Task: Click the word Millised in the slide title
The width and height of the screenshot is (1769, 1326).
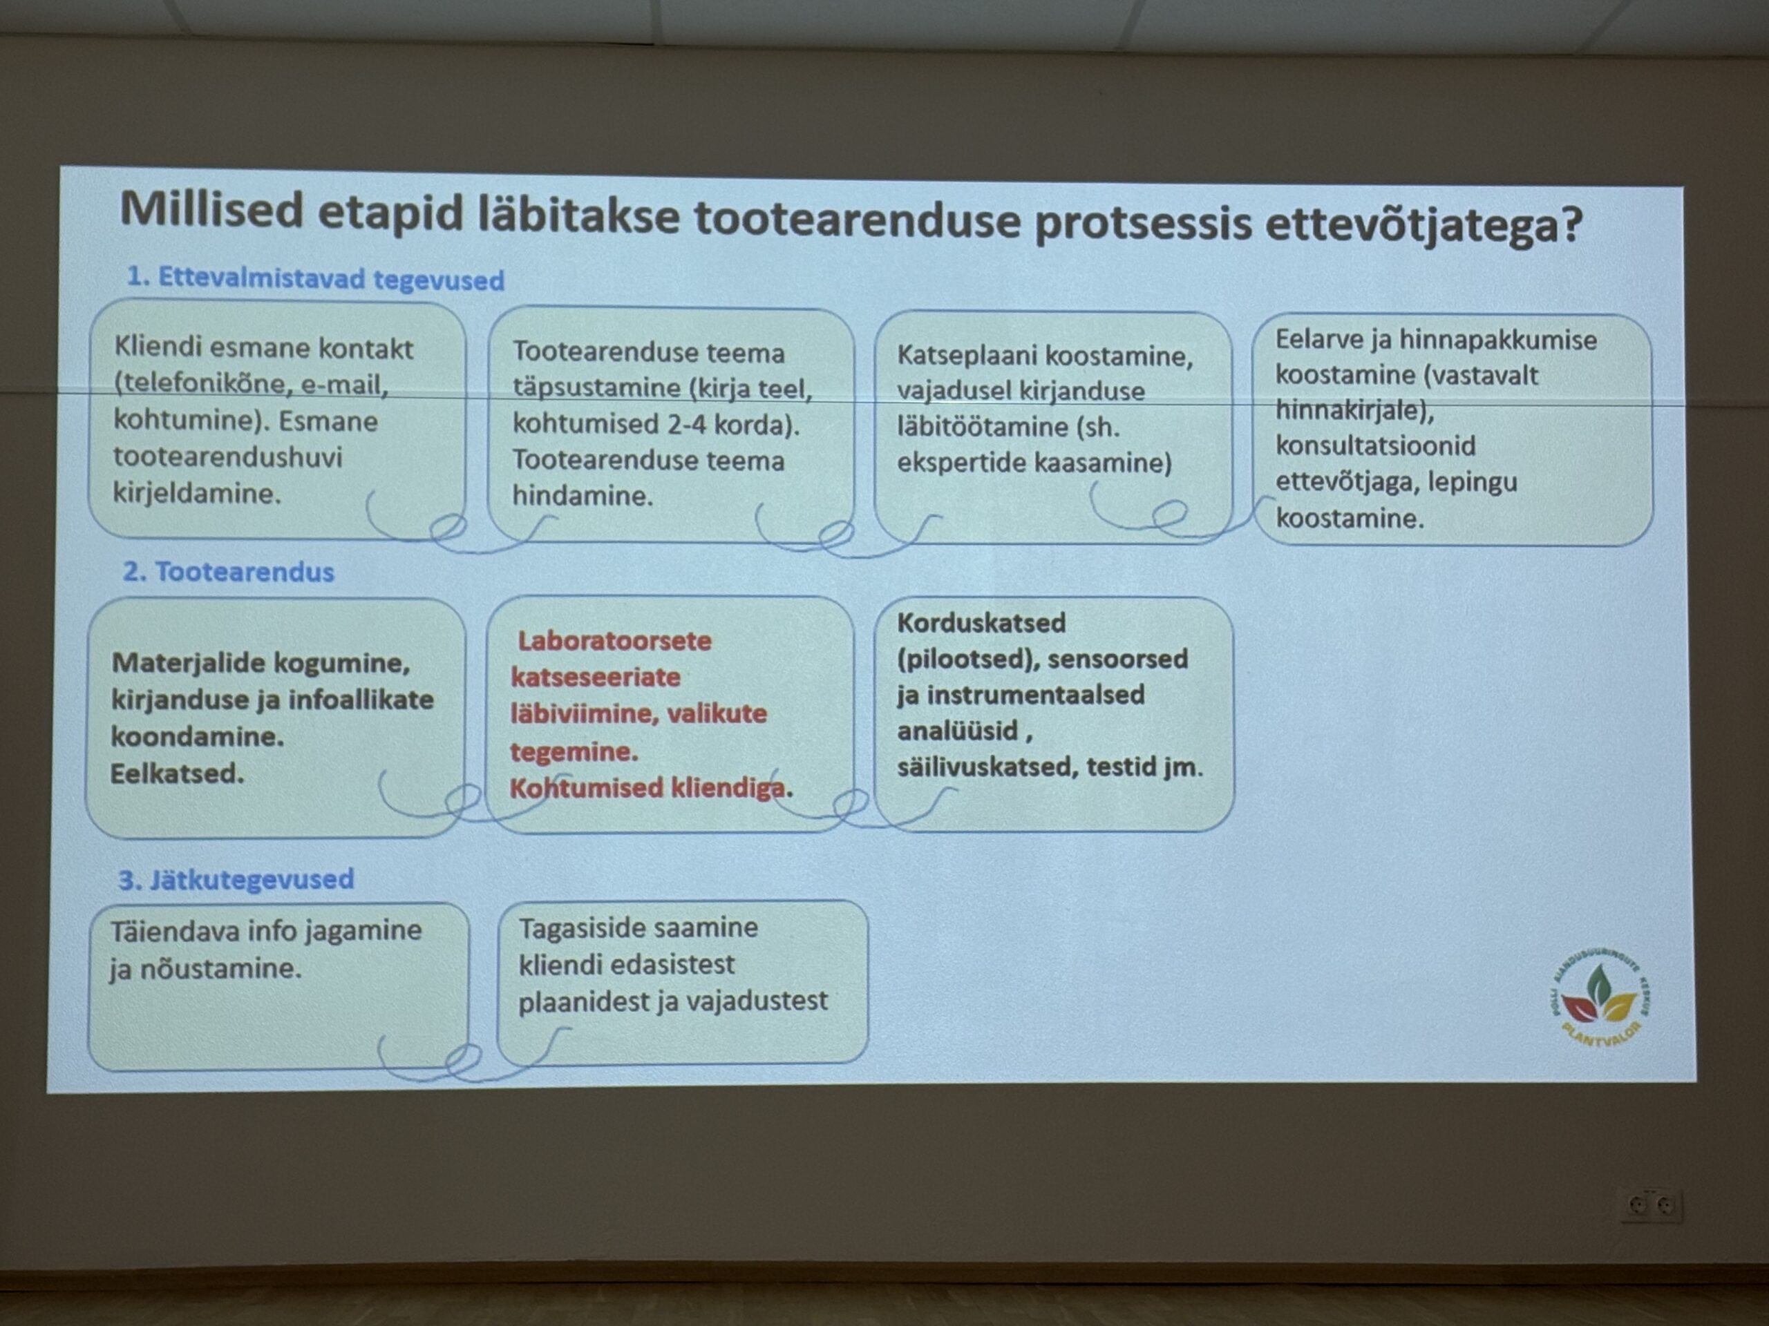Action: click(x=213, y=209)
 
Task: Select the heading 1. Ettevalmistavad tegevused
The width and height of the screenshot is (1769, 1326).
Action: click(x=316, y=278)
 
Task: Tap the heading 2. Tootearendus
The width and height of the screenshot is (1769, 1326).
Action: click(x=229, y=571)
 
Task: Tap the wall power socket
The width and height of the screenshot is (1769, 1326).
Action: click(x=1651, y=1204)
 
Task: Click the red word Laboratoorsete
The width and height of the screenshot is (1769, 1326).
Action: click(x=614, y=641)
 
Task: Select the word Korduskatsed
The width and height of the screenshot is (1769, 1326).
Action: click(x=981, y=623)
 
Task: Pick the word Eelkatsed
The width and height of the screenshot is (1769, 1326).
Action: click(x=178, y=773)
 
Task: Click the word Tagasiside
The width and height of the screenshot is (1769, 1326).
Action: click(x=590, y=928)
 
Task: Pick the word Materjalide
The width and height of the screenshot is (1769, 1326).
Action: click(x=188, y=662)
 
